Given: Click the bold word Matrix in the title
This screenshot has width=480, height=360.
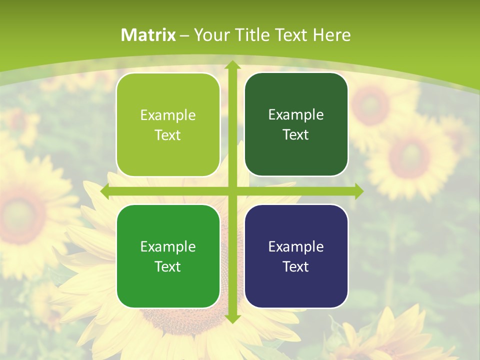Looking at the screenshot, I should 148,35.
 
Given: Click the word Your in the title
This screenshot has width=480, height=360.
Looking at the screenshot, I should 209,35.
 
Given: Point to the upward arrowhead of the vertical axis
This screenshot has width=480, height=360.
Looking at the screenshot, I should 232,64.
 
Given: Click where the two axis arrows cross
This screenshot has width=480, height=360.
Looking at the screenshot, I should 232,191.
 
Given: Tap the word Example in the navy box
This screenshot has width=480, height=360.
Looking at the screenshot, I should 296,246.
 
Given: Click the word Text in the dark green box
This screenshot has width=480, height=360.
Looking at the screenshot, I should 296,135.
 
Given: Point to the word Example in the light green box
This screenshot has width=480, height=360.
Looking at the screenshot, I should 168,115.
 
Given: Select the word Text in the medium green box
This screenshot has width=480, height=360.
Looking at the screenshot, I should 168,266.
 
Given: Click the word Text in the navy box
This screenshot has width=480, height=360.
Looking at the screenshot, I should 296,266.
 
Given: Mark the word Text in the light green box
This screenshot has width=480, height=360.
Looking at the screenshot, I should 168,135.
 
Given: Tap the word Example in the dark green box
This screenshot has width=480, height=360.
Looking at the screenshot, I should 296,114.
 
